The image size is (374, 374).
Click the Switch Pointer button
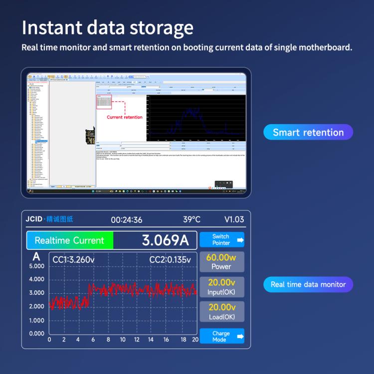[222, 240]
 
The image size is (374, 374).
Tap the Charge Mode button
[222, 337]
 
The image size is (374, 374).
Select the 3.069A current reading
[166, 240]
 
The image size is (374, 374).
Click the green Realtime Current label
[69, 240]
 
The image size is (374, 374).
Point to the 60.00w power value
[221, 258]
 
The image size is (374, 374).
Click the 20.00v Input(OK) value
[222, 283]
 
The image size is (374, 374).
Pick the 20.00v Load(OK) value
[222, 307]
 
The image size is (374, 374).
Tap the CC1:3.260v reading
[73, 259]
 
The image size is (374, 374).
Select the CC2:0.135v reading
[170, 259]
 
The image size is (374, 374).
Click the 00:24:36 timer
[127, 220]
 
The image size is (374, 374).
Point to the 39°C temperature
[191, 220]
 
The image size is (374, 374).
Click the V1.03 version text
[234, 220]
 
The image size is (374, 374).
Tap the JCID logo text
[34, 220]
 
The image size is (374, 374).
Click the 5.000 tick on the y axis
[36, 266]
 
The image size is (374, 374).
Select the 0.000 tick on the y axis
[36, 334]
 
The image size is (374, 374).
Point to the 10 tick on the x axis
[123, 340]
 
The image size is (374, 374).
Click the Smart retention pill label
[308, 133]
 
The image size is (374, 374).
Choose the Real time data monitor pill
[308, 284]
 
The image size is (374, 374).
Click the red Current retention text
[125, 117]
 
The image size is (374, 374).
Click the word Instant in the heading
[52, 28]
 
